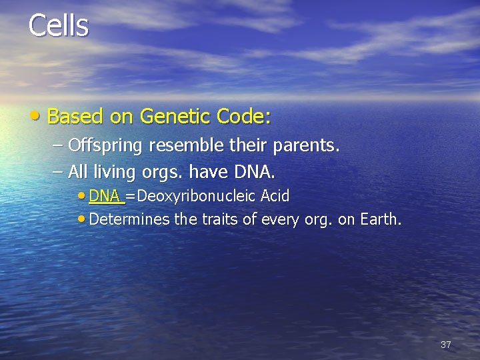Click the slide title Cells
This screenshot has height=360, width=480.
coord(59,25)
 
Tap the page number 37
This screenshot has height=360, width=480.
coord(446,345)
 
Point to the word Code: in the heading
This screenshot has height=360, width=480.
coord(244,117)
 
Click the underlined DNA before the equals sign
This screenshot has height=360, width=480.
coord(105,197)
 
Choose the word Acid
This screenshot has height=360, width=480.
coord(275,197)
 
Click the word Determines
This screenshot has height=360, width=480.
coord(129,219)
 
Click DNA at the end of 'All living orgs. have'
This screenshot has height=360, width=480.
coord(253,173)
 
